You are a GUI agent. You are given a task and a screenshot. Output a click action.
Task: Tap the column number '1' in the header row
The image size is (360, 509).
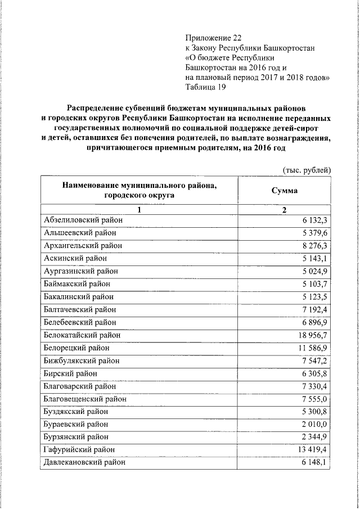click(x=139, y=210)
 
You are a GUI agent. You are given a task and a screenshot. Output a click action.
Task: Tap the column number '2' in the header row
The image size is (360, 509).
click(x=285, y=210)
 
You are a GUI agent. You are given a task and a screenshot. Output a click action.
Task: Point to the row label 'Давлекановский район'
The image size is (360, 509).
click(x=84, y=462)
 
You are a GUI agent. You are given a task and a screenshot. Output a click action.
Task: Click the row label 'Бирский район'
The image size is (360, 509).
click(x=70, y=373)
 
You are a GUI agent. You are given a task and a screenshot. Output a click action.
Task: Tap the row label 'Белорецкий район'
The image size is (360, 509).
click(x=77, y=348)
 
